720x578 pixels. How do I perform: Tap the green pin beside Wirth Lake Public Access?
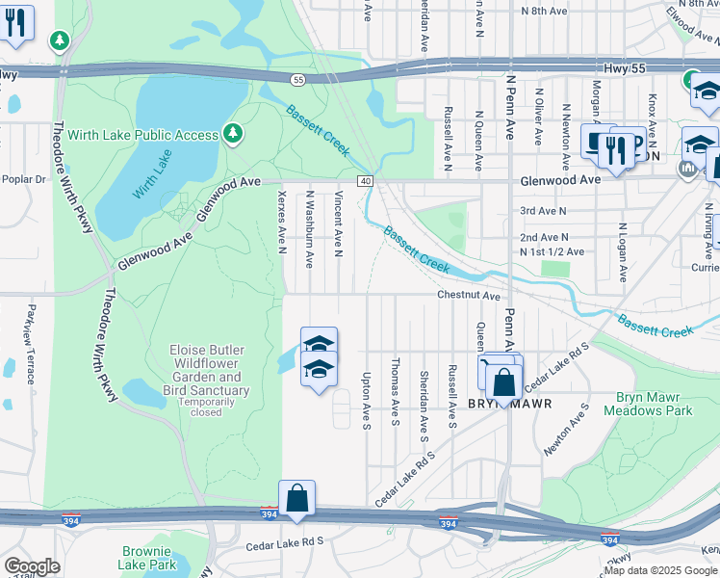[x=232, y=132]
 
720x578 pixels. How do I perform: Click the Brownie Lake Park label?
[x=149, y=558]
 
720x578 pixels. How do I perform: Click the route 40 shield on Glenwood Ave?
[x=365, y=180]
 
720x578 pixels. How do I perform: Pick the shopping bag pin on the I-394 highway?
[x=297, y=499]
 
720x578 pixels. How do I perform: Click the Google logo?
[x=32, y=566]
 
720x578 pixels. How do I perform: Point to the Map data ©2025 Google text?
[x=660, y=570]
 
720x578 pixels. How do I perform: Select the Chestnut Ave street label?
[x=469, y=296]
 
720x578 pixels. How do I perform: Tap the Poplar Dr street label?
[x=23, y=179]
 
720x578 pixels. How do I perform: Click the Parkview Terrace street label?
[x=32, y=327]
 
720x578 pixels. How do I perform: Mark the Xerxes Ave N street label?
[x=282, y=221]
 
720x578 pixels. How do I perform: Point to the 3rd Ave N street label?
[x=539, y=210]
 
